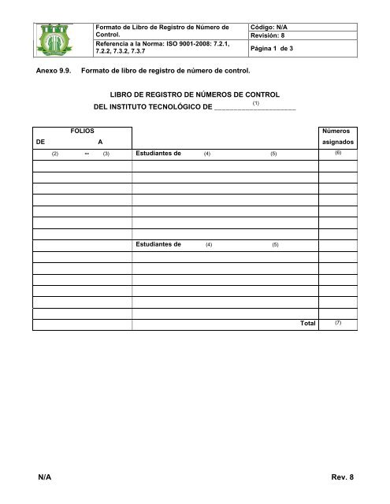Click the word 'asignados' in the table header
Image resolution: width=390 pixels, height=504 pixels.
pyautogui.click(x=337, y=143)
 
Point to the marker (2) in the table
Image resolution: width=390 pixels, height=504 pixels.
pyautogui.click(x=55, y=155)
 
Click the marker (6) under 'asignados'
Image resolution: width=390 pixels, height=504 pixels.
pyautogui.click(x=337, y=154)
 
